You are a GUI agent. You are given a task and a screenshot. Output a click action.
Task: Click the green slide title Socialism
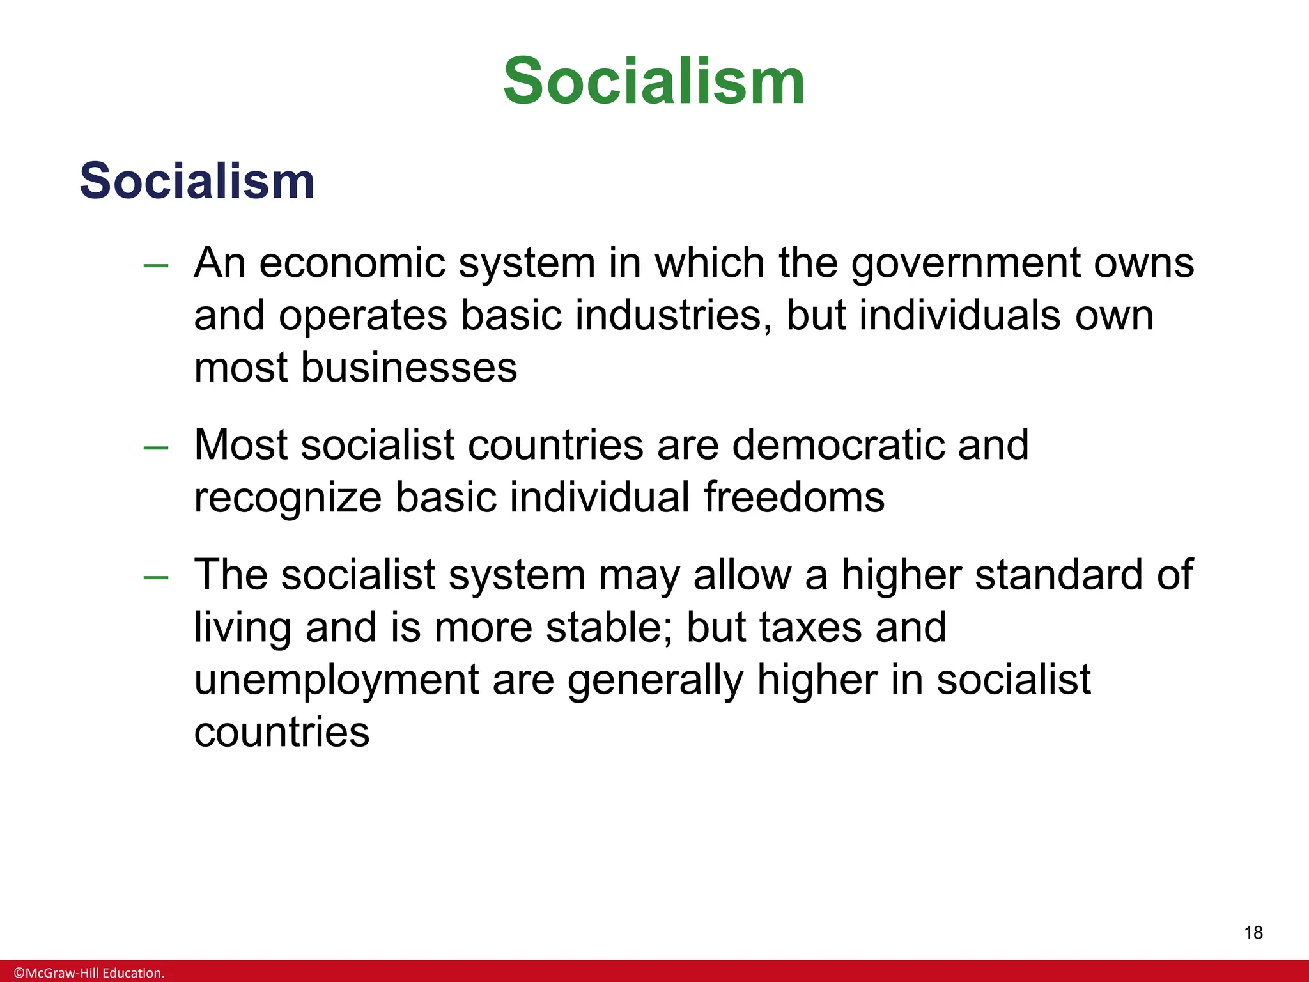coord(654,81)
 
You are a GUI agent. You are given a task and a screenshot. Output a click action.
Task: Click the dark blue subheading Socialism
coord(197,181)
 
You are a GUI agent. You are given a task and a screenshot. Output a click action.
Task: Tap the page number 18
coord(1253,933)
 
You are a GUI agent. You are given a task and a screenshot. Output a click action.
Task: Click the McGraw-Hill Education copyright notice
coord(89,973)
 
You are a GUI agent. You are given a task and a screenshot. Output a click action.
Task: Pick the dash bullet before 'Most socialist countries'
coord(156,447)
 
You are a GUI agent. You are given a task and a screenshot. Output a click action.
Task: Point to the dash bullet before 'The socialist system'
coord(156,577)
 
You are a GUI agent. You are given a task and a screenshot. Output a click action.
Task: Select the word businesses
coord(408,368)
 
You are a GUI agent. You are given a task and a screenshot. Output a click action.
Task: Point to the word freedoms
coord(794,497)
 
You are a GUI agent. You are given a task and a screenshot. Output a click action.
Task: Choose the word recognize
coord(288,499)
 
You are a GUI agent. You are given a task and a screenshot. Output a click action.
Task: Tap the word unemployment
coord(336,680)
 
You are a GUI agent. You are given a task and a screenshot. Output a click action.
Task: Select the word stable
coord(607,627)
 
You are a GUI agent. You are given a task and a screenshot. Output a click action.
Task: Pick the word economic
coord(352,263)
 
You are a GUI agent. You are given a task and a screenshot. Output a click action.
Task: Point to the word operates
coord(363,317)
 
